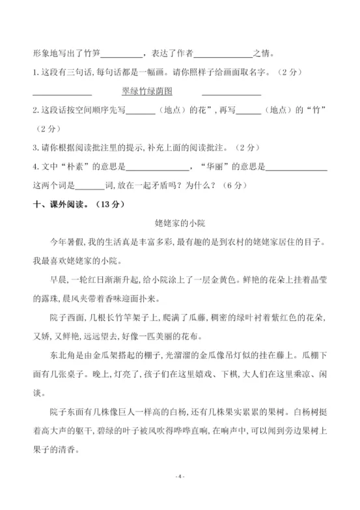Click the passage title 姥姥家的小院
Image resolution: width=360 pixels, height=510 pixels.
coord(180,223)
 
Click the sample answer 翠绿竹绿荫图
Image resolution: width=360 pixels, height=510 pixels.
coord(151,92)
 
